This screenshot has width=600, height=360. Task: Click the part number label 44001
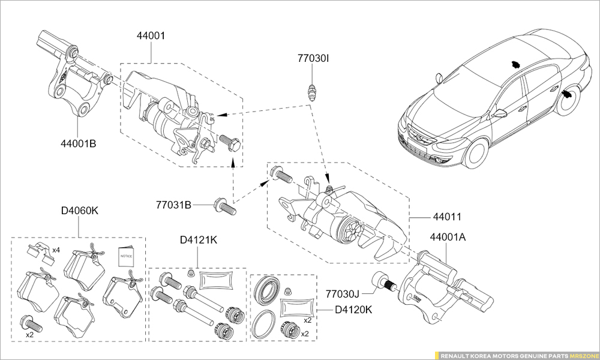(151, 36)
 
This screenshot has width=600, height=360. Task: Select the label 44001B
(78, 144)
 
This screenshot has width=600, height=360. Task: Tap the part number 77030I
(313, 59)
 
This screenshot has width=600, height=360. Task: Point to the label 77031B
(173, 205)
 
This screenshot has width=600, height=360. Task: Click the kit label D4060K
(80, 211)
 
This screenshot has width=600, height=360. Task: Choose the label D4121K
(199, 240)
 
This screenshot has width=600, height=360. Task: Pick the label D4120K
(353, 310)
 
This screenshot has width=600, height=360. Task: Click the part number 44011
(447, 217)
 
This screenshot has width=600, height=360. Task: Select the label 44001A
(448, 237)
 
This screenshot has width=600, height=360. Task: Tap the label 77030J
(343, 294)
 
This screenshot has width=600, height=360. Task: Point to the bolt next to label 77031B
(224, 206)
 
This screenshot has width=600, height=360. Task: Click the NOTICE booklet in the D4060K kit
(126, 256)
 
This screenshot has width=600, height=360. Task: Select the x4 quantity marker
(56, 250)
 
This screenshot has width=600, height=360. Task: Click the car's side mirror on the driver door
(500, 113)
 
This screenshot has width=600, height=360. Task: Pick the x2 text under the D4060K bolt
(30, 335)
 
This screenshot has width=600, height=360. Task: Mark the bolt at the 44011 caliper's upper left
(281, 175)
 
